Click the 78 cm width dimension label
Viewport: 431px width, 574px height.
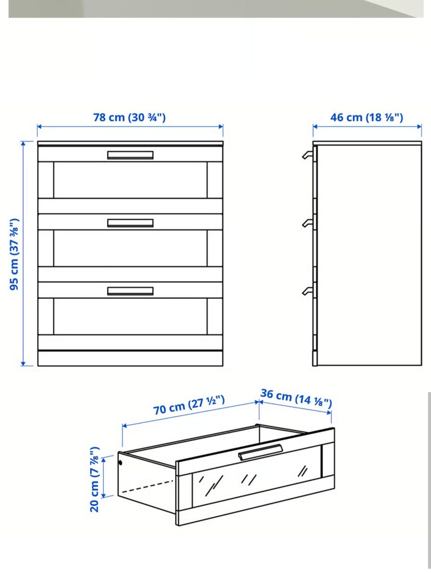130,117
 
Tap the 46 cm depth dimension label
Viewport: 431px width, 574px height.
367,117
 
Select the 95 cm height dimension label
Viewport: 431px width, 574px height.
15,254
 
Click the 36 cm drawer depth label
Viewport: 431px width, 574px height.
296,399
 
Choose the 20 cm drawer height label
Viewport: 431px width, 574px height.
94,479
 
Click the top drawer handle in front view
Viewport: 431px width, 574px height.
130,155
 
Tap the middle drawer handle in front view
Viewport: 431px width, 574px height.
130,223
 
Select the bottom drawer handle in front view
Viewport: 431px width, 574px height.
130,291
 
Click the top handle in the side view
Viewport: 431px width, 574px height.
308,155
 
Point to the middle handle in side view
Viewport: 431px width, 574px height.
308,223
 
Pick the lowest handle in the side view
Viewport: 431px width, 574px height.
308,291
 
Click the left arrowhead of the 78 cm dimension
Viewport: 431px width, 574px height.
39,127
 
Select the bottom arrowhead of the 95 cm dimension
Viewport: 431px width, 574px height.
23,364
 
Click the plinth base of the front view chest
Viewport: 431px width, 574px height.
130,358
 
